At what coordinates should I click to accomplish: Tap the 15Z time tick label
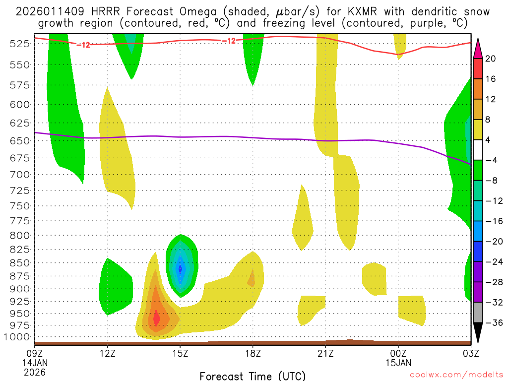[180, 353]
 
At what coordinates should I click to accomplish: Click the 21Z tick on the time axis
[325, 353]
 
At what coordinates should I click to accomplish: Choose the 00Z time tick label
[398, 353]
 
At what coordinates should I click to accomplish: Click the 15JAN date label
[398, 363]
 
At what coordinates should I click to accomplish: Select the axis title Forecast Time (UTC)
[253, 376]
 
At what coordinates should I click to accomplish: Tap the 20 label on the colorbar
[491, 59]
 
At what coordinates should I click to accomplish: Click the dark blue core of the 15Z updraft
[180, 268]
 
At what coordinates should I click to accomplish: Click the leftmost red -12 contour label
[83, 45]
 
